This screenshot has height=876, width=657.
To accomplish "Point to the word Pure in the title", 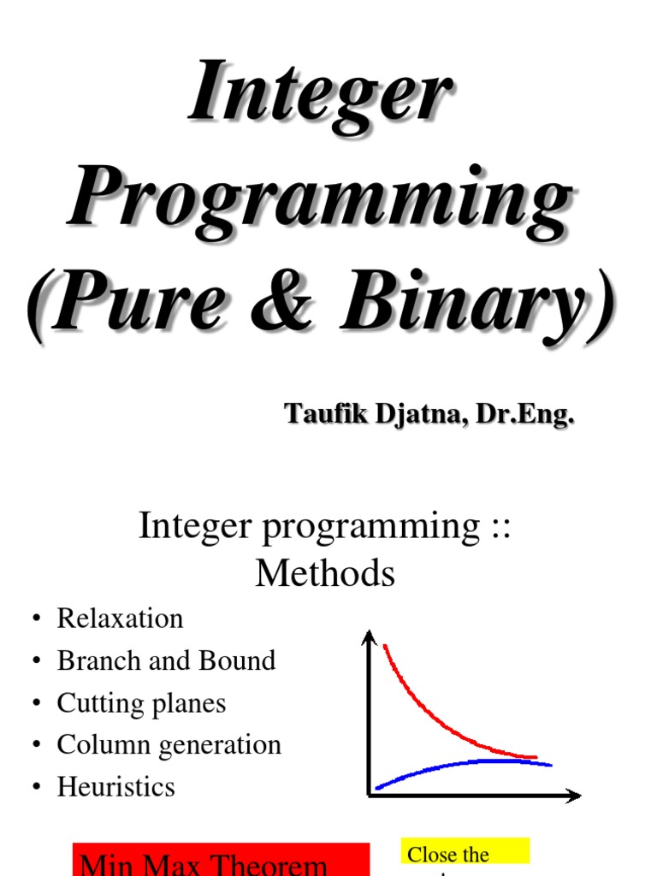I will coord(150,305).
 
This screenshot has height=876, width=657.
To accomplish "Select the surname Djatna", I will coord(414,415).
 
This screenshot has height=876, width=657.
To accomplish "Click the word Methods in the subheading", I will coord(325,573).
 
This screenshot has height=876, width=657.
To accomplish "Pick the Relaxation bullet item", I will coord(120,619).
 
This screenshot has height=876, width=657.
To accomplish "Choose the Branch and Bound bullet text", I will coord(166,660).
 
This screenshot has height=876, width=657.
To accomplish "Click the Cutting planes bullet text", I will coord(141,703).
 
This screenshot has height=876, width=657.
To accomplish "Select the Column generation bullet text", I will coord(169,745).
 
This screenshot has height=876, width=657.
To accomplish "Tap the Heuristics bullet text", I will coord(115,787).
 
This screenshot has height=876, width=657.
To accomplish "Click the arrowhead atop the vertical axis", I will coord(370,637).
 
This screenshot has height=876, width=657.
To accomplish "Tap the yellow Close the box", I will coord(465,854).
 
